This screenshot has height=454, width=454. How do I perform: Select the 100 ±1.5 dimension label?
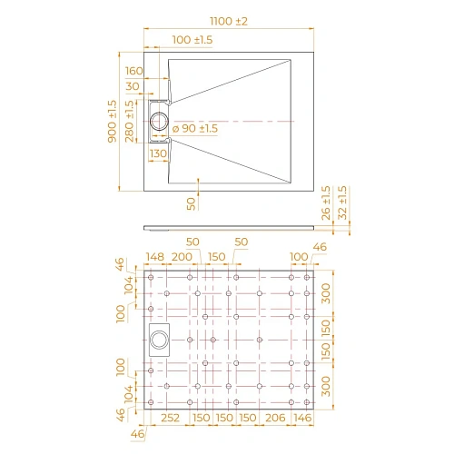click(192, 40)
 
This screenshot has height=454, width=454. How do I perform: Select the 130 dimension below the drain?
click(157, 154)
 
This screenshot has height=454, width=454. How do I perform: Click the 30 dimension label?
click(134, 85)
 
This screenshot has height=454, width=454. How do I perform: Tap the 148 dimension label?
click(155, 258)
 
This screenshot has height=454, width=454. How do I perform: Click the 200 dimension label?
click(183, 258)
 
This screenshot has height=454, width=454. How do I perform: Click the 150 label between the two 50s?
click(216, 258)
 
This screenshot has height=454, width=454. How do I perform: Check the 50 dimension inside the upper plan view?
click(192, 202)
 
